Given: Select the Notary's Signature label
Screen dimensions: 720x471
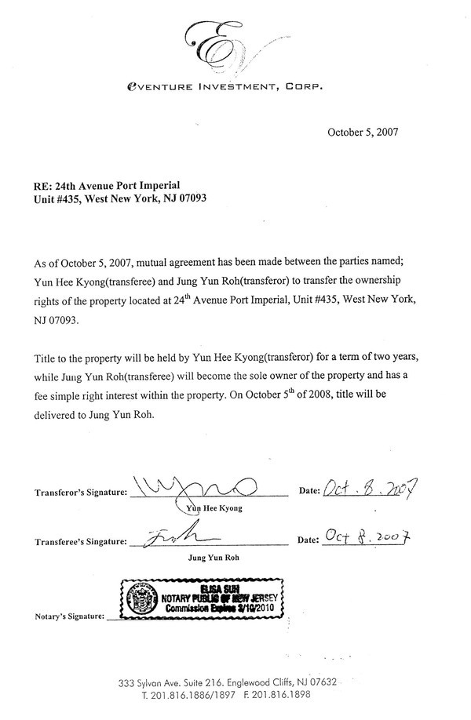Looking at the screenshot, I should tap(69, 618).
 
